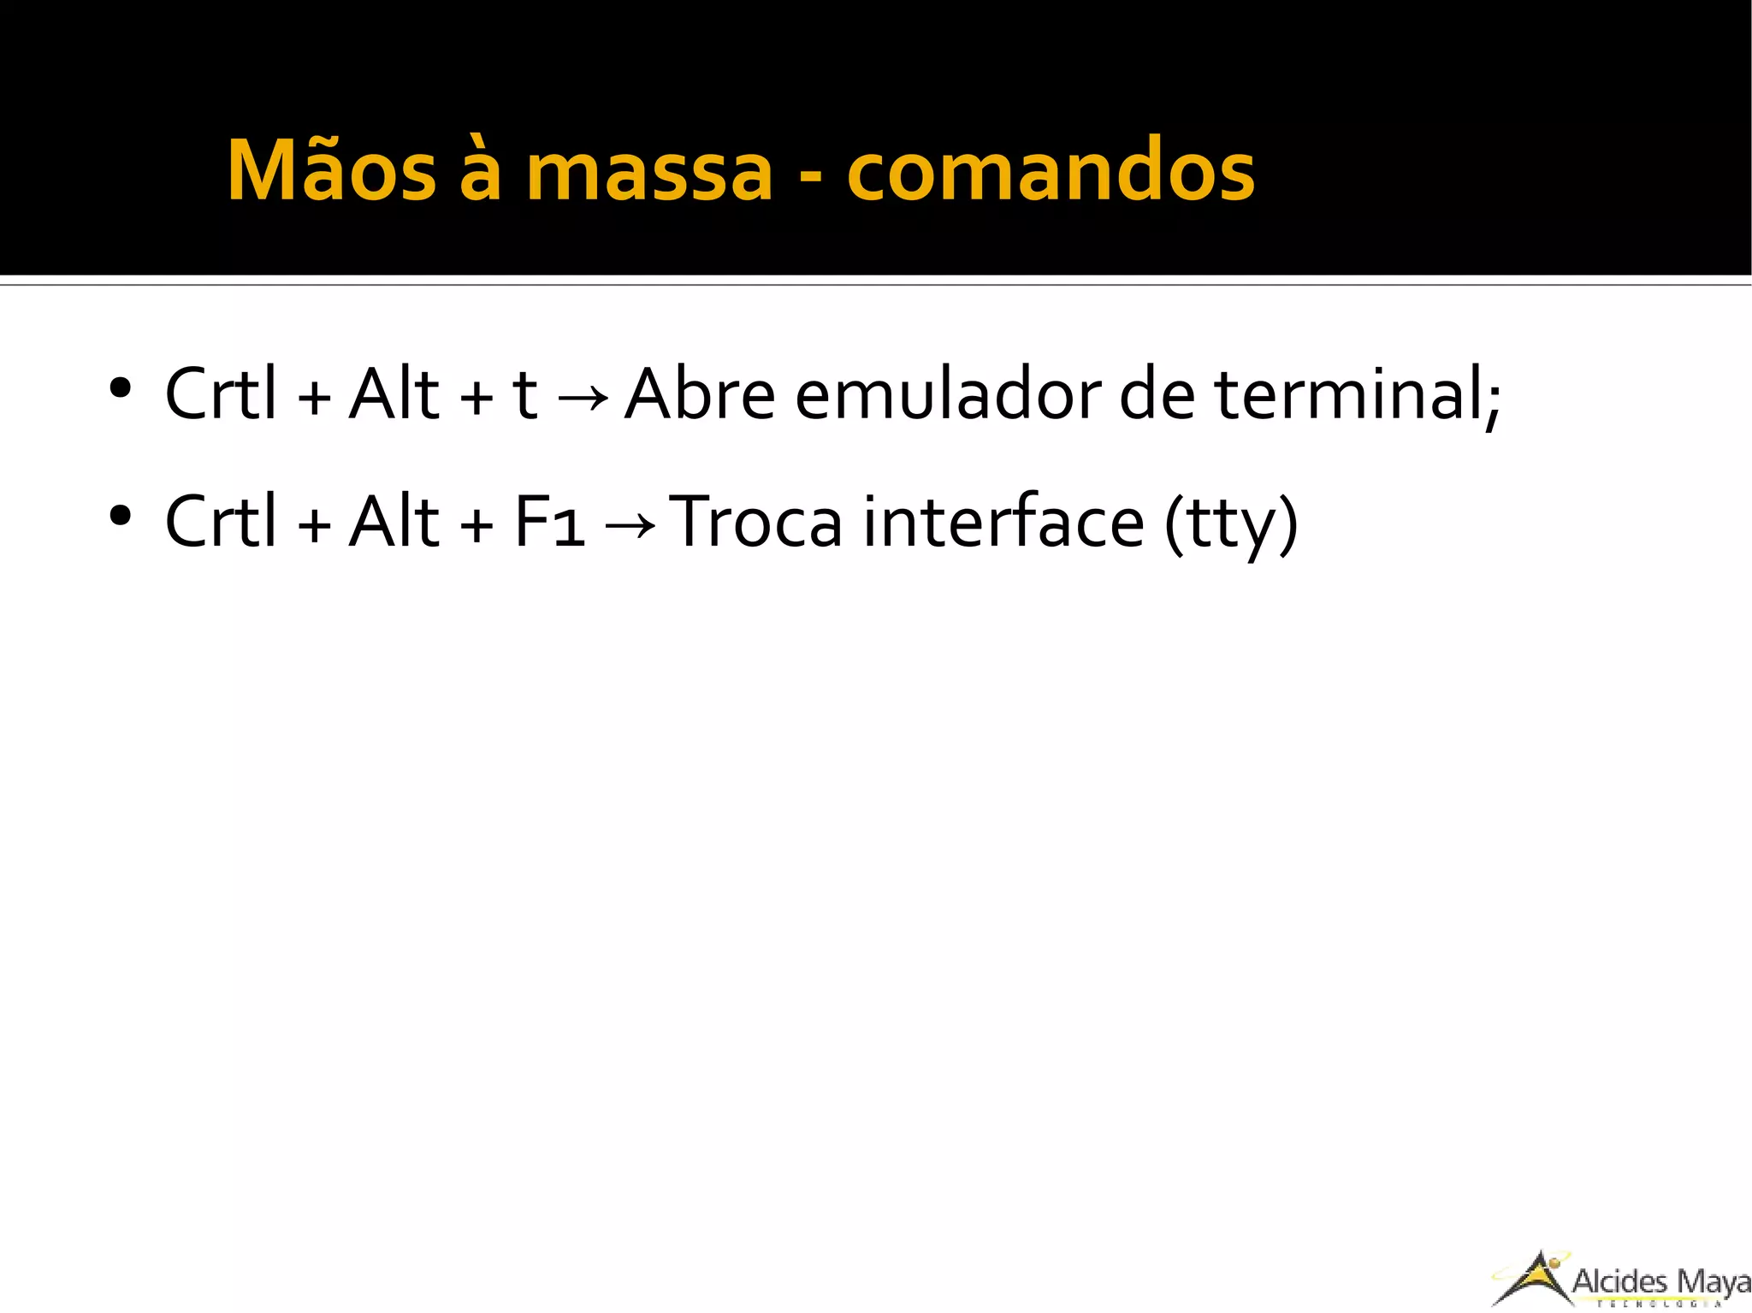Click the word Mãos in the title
[x=332, y=171]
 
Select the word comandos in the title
[x=1051, y=171]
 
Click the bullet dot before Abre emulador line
[x=120, y=389]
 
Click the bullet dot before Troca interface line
[x=120, y=516]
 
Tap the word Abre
[x=699, y=394]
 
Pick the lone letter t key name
[x=524, y=396]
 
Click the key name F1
[x=549, y=522]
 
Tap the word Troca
[x=755, y=522]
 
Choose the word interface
[x=1003, y=522]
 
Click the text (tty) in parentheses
[x=1231, y=523]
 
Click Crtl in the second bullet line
[x=221, y=522]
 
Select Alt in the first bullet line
[x=394, y=394]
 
